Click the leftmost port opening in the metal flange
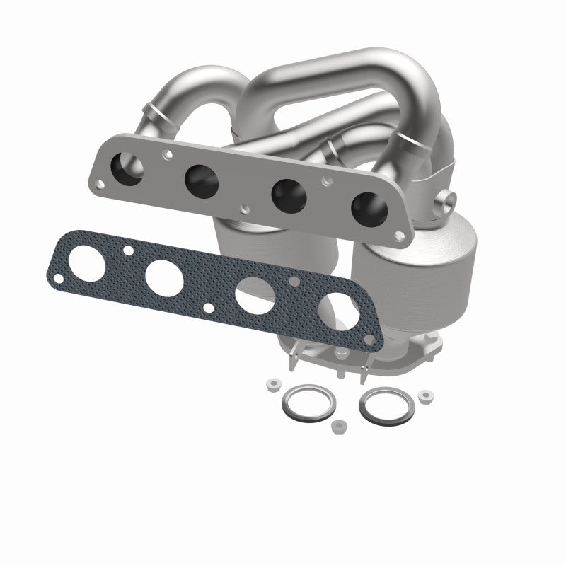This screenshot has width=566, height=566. pyautogui.click(x=131, y=168)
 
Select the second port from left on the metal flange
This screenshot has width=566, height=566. pyautogui.click(x=201, y=181)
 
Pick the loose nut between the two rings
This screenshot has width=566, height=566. pyautogui.click(x=339, y=427)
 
